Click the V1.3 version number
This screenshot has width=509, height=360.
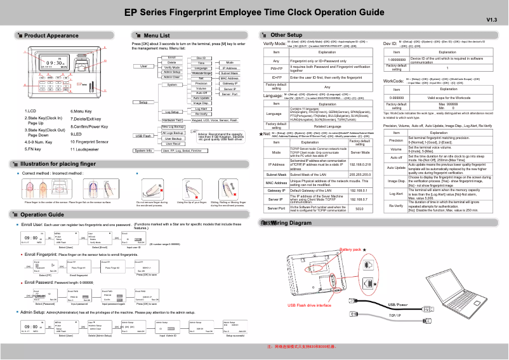click(491, 20)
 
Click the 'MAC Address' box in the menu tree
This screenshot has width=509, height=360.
click(229, 78)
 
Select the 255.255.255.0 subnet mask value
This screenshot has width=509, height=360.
click(360, 174)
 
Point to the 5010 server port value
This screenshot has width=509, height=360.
click(360, 208)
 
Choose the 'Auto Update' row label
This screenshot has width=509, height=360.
click(396, 168)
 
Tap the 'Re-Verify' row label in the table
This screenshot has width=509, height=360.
click(396, 206)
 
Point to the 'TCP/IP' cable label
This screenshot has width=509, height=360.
click(395, 315)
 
